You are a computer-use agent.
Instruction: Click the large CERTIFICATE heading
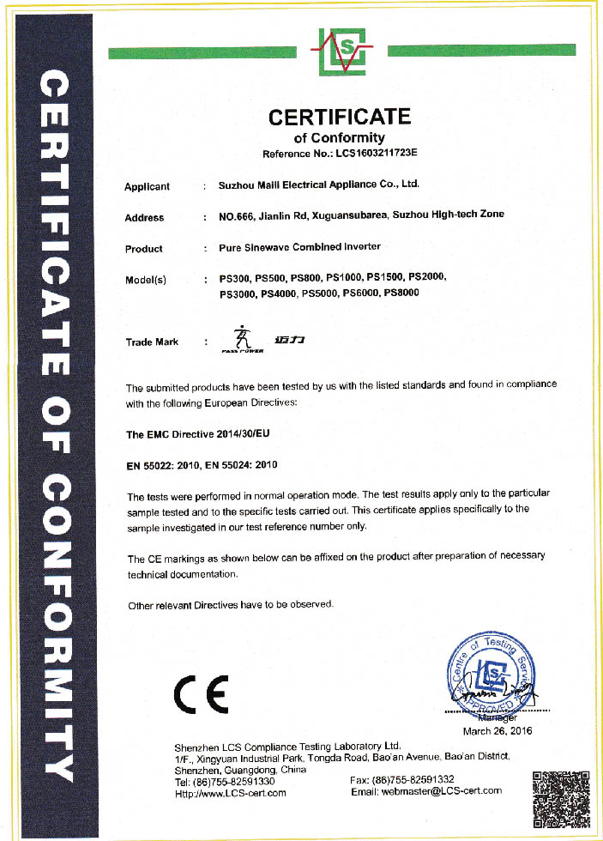click(340, 116)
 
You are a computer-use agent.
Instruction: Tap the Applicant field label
click(148, 186)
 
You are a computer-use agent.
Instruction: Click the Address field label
click(144, 217)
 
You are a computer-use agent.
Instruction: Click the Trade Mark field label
click(152, 342)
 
